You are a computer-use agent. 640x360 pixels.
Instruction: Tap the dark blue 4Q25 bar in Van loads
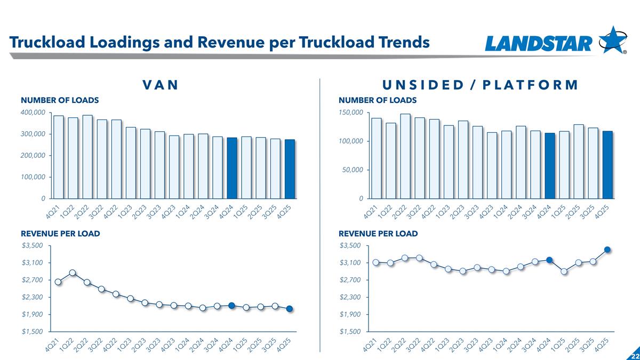click(x=290, y=169)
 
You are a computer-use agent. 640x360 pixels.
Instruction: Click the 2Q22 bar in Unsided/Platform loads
click(x=405, y=156)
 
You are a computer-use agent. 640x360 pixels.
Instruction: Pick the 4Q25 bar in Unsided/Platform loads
click(x=607, y=164)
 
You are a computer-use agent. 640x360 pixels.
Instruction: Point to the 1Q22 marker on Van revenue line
click(x=73, y=273)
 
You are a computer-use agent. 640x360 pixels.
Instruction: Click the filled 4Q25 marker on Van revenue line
click(x=290, y=309)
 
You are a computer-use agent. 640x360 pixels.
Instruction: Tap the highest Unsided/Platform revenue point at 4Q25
click(x=607, y=249)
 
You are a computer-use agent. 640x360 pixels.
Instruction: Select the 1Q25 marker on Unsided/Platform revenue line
click(x=564, y=271)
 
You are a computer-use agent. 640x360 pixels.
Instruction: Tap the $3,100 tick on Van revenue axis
click(x=33, y=262)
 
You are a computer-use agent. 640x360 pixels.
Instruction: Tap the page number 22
click(x=635, y=356)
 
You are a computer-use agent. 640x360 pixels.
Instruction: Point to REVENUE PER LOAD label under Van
click(x=60, y=234)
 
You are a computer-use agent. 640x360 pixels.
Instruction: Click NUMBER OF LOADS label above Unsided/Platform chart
click(x=378, y=100)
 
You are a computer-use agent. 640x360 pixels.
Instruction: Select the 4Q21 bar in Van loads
click(x=59, y=157)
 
